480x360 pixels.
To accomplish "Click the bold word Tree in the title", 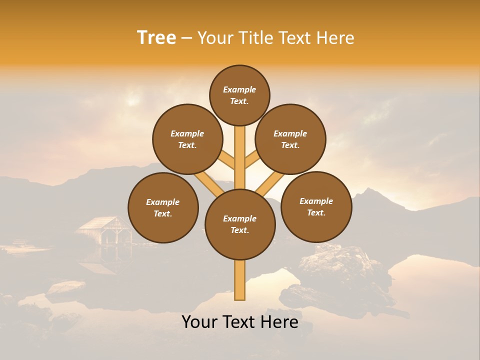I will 156,38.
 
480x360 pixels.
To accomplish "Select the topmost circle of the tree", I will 239,95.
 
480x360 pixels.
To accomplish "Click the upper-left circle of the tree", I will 187,139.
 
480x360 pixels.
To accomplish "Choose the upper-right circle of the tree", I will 290,139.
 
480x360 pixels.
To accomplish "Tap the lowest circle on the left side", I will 163,207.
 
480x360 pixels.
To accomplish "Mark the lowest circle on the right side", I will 316,206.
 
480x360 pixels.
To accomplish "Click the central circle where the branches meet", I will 240,224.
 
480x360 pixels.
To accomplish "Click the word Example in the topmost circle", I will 239,90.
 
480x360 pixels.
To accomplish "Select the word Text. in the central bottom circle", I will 239,230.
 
